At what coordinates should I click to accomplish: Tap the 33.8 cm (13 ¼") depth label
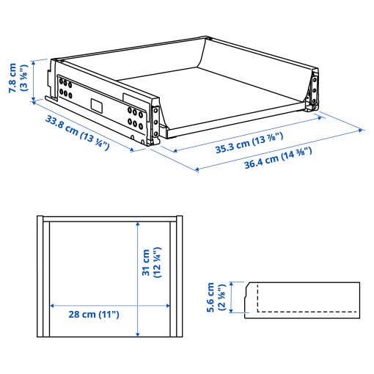click(x=77, y=131)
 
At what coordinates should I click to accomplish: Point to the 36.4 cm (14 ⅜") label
click(x=278, y=157)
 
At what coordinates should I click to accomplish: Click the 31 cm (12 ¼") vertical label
click(x=150, y=262)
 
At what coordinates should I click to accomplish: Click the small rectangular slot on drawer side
click(x=98, y=104)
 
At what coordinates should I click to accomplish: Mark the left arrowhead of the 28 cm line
click(x=51, y=304)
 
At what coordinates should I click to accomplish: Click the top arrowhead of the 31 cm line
click(x=137, y=224)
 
